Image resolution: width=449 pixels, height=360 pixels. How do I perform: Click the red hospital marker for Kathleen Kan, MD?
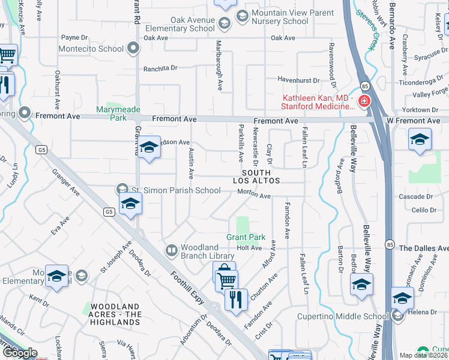point(364,101)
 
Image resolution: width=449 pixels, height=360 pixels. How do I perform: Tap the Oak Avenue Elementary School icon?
point(224,24)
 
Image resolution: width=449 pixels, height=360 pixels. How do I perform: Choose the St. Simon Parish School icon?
point(124,190)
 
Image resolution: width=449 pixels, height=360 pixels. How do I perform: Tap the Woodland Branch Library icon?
point(171,250)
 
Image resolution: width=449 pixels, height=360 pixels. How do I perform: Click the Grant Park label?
point(246,238)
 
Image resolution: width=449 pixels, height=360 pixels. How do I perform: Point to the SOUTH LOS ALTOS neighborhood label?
point(261,176)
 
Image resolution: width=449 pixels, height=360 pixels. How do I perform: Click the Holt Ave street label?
point(249,247)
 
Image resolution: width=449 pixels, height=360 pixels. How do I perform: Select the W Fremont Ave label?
point(409,121)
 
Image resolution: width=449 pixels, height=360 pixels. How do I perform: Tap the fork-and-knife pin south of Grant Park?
point(236,299)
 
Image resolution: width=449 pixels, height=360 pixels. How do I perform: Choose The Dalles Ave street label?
point(424,248)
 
